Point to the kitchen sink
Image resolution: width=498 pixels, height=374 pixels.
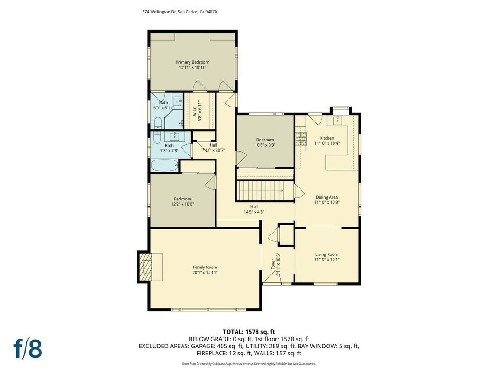point(338,120)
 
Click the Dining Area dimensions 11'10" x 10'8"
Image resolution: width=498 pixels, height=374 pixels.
point(326,202)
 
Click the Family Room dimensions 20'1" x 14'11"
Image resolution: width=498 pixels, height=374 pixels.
point(205,272)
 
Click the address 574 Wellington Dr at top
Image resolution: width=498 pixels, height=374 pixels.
point(179,12)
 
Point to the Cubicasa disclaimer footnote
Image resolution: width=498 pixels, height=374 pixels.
point(249,364)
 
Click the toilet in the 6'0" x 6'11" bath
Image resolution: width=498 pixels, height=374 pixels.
point(157,123)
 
